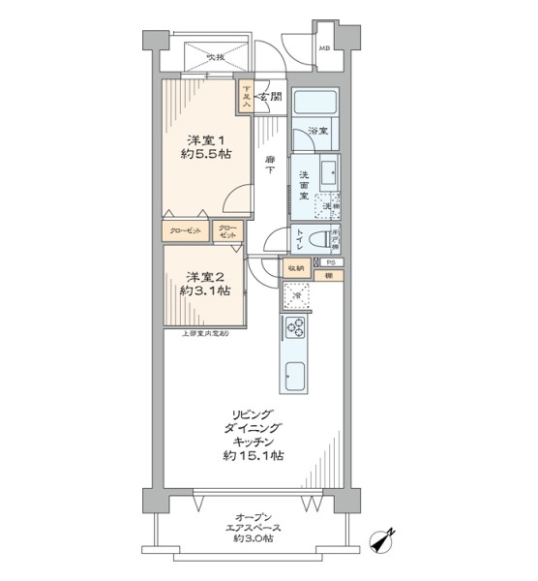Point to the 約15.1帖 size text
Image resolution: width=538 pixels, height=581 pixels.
pyautogui.click(x=252, y=455)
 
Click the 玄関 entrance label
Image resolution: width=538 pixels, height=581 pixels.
pyautogui.click(x=271, y=97)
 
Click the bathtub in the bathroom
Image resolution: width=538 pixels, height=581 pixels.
pyautogui.click(x=314, y=104)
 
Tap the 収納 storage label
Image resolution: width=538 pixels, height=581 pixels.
pyautogui.click(x=295, y=266)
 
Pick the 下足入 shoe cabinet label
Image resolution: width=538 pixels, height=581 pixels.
pyautogui.click(x=247, y=96)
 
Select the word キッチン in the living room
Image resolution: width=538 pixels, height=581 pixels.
pyautogui.click(x=252, y=438)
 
